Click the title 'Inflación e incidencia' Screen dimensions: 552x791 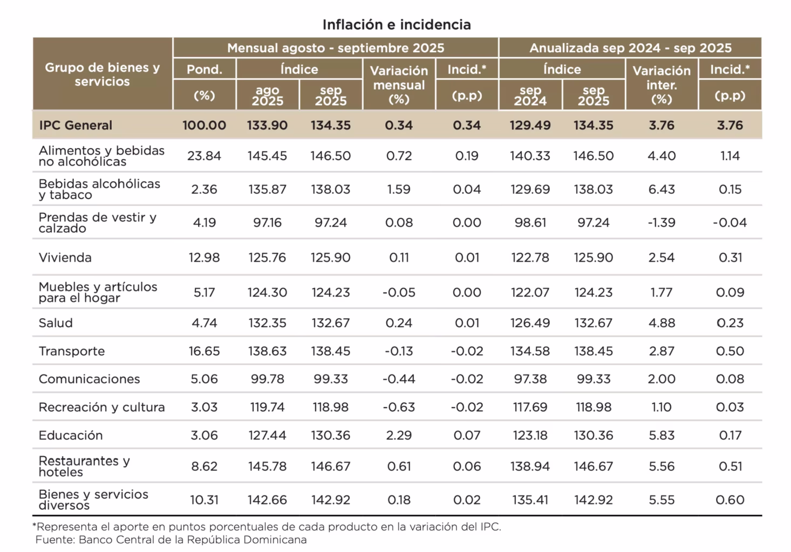click(x=397, y=25)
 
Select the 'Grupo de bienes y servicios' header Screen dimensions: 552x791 click(x=103, y=74)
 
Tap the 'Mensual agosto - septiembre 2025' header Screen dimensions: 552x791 click(x=336, y=48)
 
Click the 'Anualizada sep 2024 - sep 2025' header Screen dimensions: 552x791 click(x=630, y=48)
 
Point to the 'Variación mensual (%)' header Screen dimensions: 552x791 click(x=399, y=85)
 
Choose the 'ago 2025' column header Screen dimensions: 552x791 click(x=268, y=95)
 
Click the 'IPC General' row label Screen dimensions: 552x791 click(x=76, y=126)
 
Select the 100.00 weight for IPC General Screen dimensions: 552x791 click(x=204, y=126)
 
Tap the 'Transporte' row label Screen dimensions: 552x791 click(x=72, y=351)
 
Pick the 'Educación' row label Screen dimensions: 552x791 click(x=71, y=436)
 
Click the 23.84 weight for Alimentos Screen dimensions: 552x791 click(x=204, y=156)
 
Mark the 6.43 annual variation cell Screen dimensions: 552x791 click(x=662, y=190)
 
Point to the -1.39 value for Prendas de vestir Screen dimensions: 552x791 click(x=662, y=223)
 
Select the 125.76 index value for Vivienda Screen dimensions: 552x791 click(x=267, y=258)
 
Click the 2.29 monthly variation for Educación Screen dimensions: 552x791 click(x=399, y=436)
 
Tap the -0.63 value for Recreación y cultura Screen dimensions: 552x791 click(x=399, y=408)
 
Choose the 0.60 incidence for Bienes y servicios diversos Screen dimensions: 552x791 click(x=730, y=500)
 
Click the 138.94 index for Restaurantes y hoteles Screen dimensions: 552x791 click(x=530, y=466)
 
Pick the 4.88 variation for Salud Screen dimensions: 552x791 click(x=662, y=323)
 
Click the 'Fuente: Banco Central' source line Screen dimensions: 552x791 click(x=171, y=540)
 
